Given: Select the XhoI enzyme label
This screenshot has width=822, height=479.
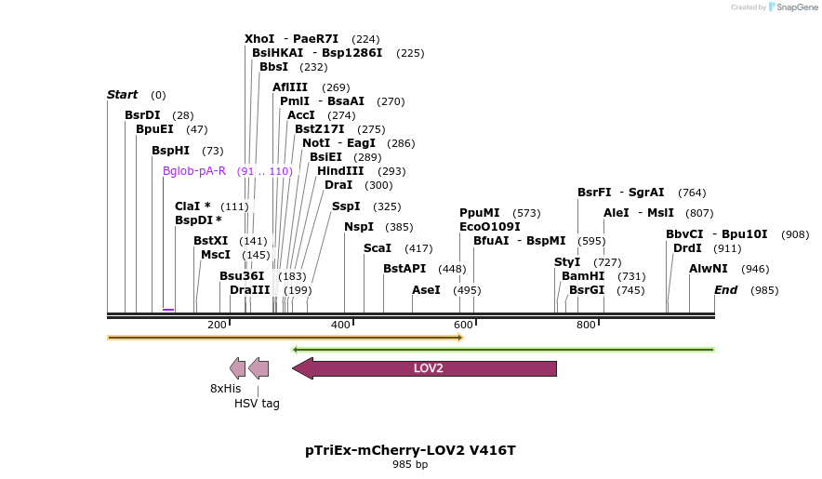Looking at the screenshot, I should click(259, 39).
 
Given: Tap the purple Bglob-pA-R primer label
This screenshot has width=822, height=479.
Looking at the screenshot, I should click(194, 171).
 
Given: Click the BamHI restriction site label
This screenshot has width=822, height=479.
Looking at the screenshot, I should click(583, 276).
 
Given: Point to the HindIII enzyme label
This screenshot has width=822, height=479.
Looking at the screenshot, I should click(340, 171).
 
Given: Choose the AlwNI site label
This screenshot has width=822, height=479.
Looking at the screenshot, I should click(709, 269).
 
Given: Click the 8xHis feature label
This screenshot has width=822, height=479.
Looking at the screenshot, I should click(225, 389).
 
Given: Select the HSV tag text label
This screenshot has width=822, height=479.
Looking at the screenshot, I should click(257, 404).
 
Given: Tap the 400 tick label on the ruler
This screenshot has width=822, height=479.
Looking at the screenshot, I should click(340, 325).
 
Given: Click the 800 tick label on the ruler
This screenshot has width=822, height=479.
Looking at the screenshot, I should click(586, 325).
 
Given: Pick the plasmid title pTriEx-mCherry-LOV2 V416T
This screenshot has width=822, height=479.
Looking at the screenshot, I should click(410, 450).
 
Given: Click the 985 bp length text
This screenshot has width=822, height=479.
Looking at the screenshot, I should click(410, 464).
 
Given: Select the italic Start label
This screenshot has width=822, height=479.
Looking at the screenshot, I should click(123, 95).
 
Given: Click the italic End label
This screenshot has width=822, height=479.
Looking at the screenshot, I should click(726, 290).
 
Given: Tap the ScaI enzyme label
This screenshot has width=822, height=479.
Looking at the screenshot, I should click(378, 248).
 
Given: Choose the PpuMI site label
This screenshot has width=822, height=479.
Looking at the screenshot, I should click(480, 213).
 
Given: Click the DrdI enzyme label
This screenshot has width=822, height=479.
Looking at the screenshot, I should click(687, 248).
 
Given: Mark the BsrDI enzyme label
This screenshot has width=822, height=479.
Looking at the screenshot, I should click(142, 115).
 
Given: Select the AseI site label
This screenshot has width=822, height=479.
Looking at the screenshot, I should click(426, 290).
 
